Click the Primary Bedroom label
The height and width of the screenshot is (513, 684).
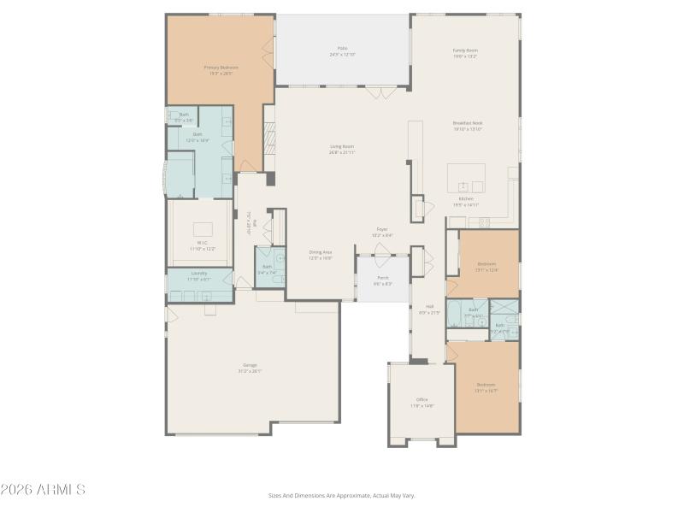221,69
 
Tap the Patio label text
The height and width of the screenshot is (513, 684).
342,51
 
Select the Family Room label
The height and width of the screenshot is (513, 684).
465,53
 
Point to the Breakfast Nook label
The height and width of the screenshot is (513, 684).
468,126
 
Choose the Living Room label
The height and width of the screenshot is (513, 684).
342,149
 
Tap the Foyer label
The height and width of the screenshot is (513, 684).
382,231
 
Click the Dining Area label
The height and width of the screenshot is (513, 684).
321,254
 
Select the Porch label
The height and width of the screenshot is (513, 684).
382,280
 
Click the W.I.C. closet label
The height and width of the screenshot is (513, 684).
203,245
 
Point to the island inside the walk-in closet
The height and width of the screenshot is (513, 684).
203,229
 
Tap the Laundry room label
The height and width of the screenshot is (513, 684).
198,275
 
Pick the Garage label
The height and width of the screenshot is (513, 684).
250,368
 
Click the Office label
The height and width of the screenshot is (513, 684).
422,402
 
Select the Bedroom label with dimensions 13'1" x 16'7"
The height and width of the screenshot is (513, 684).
486,387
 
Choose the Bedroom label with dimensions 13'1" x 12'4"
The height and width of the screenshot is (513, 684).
486,266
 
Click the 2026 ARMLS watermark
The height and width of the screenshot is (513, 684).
43,490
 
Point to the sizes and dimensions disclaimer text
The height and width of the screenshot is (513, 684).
342,495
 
